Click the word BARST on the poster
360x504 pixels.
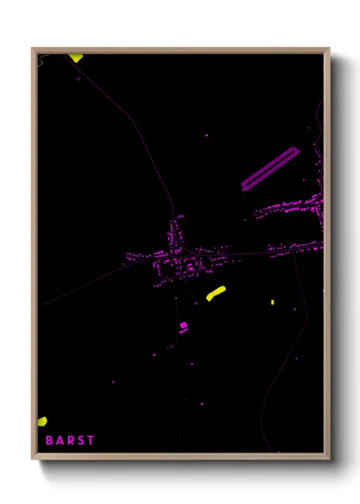click(69, 441)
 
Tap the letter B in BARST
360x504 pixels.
click(49, 441)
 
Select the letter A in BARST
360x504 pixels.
click(59, 441)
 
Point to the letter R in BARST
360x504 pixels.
click(69, 441)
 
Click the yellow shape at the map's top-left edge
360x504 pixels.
click(75, 58)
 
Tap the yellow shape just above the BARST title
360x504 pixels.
click(41, 421)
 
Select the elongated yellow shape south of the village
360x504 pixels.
click(215, 293)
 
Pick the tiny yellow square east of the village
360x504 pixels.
click(273, 302)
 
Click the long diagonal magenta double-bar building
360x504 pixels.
click(269, 168)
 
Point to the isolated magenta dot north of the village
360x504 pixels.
click(207, 135)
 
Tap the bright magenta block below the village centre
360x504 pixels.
click(183, 326)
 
